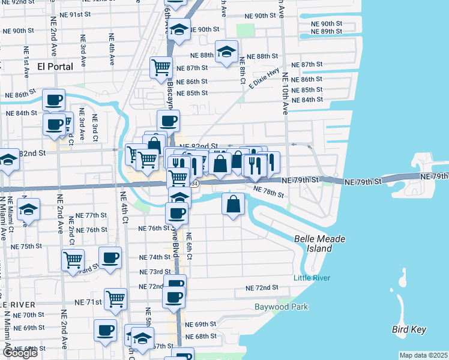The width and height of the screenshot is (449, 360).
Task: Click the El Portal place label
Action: (55, 66)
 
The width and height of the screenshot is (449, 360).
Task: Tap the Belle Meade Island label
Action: (320, 244)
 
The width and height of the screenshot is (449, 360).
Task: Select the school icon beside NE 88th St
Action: (226, 52)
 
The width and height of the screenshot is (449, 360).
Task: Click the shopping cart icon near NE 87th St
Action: (161, 68)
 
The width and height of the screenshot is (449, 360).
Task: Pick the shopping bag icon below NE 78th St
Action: (233, 204)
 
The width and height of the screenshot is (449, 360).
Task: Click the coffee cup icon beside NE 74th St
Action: (110, 258)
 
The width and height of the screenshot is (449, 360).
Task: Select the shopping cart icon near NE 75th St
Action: (73, 261)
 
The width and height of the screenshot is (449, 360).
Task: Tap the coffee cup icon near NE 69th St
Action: (105, 330)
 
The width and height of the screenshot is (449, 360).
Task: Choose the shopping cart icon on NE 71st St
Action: (115, 299)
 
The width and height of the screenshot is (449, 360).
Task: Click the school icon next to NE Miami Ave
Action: (28, 210)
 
